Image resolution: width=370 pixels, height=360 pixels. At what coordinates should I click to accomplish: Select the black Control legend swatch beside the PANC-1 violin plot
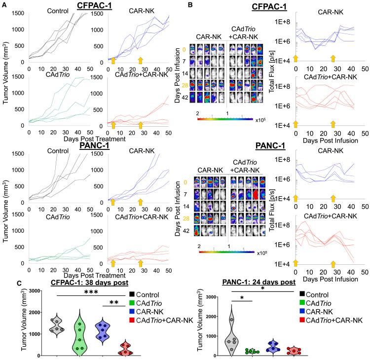302,293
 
